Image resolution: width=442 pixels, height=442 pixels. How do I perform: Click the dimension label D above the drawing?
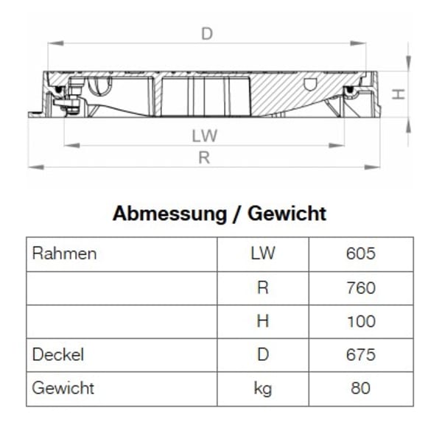(x=207, y=34)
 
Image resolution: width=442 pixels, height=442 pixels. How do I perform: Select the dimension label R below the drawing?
(x=204, y=157)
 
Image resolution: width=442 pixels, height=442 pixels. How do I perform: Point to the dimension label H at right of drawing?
(x=397, y=94)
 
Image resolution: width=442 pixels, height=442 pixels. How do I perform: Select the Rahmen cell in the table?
(x=65, y=254)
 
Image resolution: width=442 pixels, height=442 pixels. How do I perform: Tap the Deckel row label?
(x=58, y=354)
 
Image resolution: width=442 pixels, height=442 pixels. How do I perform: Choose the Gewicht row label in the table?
(x=63, y=387)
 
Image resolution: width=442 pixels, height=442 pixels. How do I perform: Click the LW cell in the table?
(x=262, y=254)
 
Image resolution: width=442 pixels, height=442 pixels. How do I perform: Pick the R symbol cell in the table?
(x=262, y=288)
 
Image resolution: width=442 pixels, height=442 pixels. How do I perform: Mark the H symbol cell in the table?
(x=262, y=321)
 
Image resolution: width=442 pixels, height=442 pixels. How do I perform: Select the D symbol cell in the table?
(x=262, y=354)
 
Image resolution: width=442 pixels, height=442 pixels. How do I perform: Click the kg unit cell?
(x=262, y=388)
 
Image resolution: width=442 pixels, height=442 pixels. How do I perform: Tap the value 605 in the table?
(x=360, y=254)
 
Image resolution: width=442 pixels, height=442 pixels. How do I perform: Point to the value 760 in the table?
(x=360, y=288)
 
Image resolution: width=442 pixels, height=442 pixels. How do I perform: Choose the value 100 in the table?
(x=360, y=321)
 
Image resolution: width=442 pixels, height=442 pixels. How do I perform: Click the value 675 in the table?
(x=360, y=354)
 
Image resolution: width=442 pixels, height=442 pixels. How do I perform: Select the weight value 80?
(x=360, y=387)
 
